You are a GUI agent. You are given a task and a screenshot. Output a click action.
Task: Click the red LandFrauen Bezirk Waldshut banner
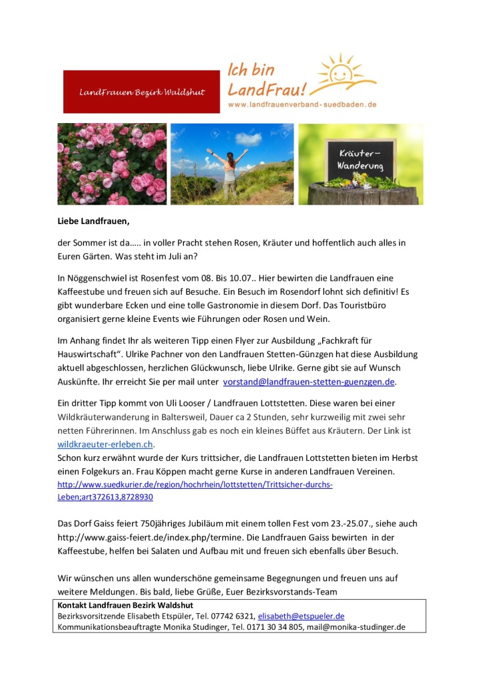pyautogui.click(x=141, y=92)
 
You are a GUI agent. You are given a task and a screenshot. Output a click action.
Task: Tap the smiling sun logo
pyautogui.click(x=346, y=74)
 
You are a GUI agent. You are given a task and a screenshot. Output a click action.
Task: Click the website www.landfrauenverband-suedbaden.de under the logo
pyautogui.click(x=302, y=104)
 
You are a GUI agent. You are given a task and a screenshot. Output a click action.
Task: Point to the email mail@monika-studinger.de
pyautogui.click(x=356, y=626)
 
